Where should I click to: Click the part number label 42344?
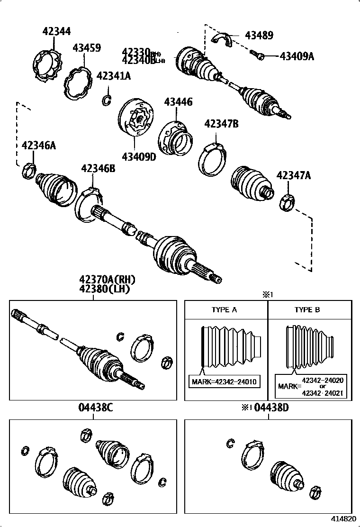[56, 31]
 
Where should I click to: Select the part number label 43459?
[87, 48]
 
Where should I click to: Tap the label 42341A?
[114, 76]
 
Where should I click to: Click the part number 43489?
[259, 36]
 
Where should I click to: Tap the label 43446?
[179, 101]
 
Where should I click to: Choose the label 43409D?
[138, 157]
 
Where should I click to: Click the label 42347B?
[221, 124]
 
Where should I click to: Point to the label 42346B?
[98, 168]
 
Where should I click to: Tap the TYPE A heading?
[224, 310]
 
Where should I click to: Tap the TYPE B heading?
[307, 310]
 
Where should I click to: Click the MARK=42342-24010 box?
[225, 381]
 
